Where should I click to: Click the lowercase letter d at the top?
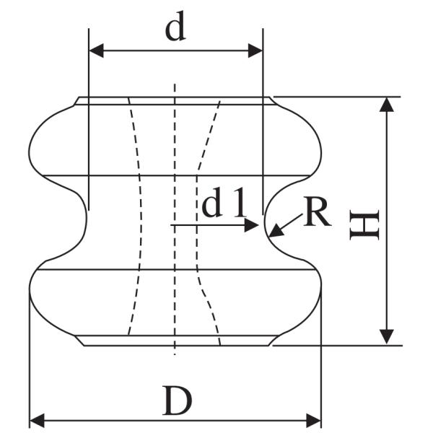(175, 26)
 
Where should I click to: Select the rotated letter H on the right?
(364, 224)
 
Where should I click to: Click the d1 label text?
(224, 202)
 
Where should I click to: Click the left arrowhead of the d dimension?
(97, 51)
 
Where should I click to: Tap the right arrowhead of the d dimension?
(255, 51)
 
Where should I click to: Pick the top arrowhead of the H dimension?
(386, 105)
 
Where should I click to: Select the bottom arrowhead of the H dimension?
(386, 336)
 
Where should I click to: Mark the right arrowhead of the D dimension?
(314, 421)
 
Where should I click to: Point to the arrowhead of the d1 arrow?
(251, 225)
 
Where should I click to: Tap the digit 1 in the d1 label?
(239, 202)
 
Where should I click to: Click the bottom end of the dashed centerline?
(175, 354)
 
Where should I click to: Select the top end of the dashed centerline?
(175, 84)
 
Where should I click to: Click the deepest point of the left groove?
(87, 222)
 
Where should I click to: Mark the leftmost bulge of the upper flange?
(29, 152)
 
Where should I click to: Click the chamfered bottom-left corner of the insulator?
(80, 341)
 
